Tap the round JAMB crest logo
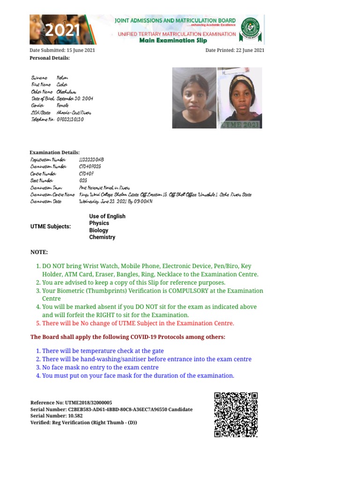click(x=250, y=29)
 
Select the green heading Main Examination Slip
click(x=173, y=40)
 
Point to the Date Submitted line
click(x=62, y=50)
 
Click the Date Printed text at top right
click(x=235, y=50)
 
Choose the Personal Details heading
click(x=50, y=58)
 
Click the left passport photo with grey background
click(x=194, y=97)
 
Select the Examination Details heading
click(x=54, y=152)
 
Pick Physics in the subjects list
click(x=99, y=223)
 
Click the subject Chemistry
click(x=102, y=237)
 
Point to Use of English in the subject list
click(x=107, y=216)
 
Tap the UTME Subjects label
click(x=51, y=226)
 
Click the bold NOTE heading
click(x=39, y=252)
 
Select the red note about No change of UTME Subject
click(x=138, y=323)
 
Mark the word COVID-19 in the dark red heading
click(x=155, y=337)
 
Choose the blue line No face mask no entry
click(x=100, y=367)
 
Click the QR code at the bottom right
click(x=236, y=414)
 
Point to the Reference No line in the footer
click(x=71, y=403)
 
